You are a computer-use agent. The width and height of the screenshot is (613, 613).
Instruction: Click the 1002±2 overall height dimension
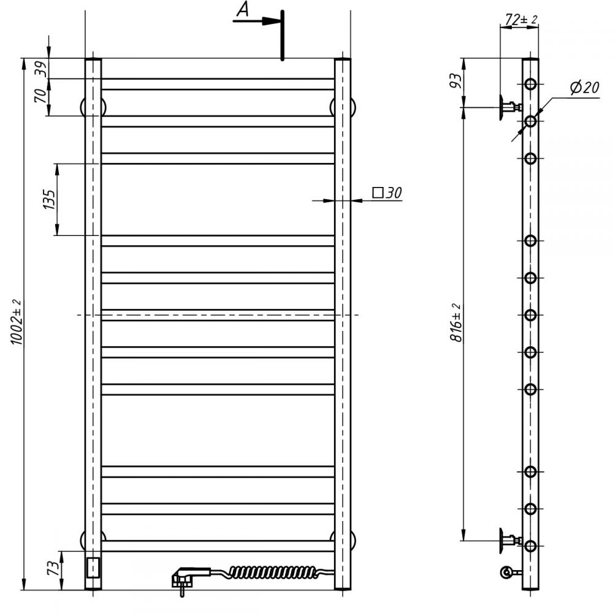[x=17, y=322]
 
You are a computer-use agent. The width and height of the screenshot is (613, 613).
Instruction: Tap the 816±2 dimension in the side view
[x=456, y=323]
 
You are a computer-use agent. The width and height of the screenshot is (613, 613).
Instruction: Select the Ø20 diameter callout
[x=584, y=87]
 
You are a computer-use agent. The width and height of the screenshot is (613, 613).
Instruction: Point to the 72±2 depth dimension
[x=521, y=19]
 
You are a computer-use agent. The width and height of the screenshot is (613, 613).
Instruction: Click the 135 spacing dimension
[x=49, y=199]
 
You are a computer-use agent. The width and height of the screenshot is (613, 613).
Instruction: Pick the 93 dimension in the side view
[x=456, y=80]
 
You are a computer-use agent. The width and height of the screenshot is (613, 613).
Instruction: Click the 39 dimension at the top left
[x=42, y=69]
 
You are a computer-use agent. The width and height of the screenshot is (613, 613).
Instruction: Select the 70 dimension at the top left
[x=41, y=96]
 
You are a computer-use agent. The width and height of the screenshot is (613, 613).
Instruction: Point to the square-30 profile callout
[x=387, y=192]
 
